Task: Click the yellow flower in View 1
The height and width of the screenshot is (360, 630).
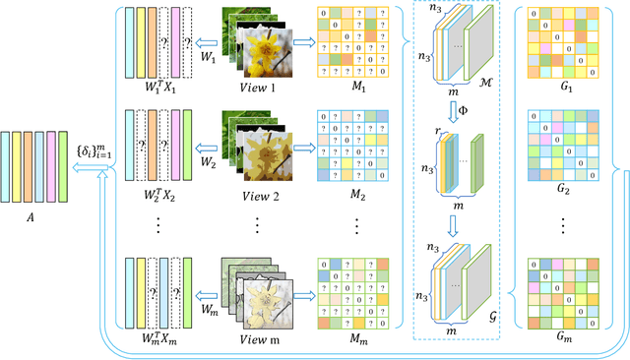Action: pos(267,51)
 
